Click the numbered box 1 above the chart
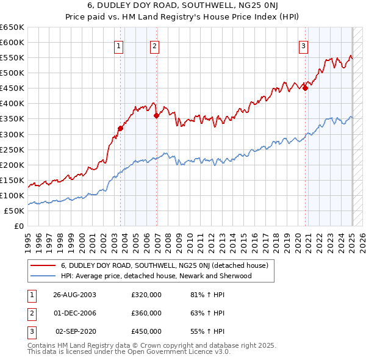point(118,45)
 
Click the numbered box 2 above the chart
point(155,45)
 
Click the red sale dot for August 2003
point(120,128)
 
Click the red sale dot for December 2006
point(157,115)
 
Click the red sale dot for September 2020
point(306,88)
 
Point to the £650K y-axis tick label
point(12,27)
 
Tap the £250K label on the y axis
point(12,149)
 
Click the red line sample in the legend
point(43,265)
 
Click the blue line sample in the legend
point(43,276)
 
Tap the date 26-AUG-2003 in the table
point(75,295)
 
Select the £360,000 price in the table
point(146,313)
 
